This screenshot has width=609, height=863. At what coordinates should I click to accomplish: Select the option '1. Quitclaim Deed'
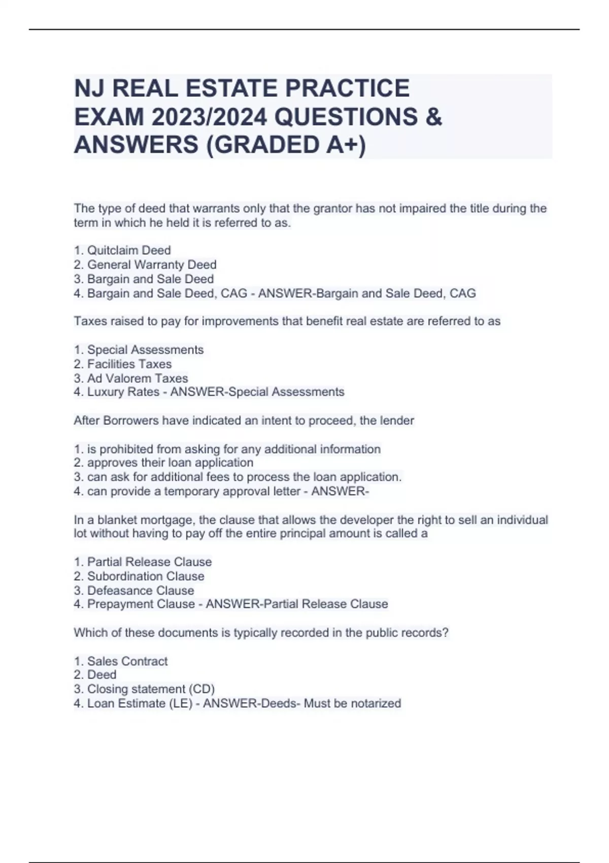(x=122, y=250)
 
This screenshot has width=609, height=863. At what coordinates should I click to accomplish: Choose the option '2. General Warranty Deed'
(x=145, y=264)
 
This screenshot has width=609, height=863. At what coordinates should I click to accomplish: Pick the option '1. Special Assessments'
(x=139, y=350)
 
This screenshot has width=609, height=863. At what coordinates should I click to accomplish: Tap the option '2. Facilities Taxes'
(x=123, y=364)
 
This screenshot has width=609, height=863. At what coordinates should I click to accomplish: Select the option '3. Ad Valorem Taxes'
(x=131, y=378)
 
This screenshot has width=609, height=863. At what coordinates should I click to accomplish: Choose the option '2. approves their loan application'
(x=163, y=463)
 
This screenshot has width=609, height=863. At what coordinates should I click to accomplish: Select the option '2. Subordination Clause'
(x=139, y=576)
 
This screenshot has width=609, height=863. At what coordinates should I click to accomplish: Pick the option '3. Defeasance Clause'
(x=134, y=590)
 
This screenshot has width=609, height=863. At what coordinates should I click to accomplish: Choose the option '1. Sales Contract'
(x=121, y=661)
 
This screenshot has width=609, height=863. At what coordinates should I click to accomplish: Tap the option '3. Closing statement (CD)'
(x=145, y=689)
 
